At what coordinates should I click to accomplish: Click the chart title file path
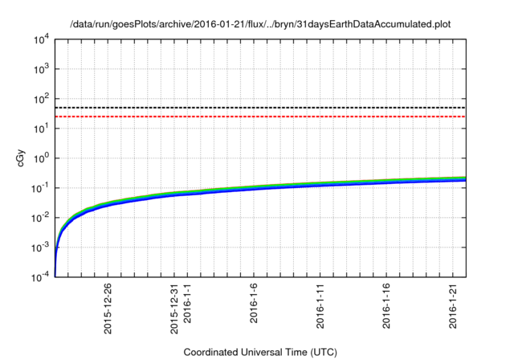pos(262,24)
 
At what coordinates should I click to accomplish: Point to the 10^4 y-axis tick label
pos(42,39)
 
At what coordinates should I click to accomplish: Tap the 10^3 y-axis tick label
pos(42,68)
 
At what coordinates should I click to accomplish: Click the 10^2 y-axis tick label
pos(42,98)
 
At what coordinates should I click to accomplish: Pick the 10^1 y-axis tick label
pos(42,128)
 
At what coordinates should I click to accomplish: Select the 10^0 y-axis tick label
pos(42,157)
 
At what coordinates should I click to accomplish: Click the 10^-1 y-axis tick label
pos(41,187)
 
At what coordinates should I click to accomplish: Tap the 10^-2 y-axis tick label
pos(41,217)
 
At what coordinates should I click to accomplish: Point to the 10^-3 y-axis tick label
pos(41,247)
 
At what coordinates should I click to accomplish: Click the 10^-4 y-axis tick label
pos(41,276)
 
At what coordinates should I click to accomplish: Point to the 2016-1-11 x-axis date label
pos(320,304)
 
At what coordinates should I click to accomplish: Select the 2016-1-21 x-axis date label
pos(453,304)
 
